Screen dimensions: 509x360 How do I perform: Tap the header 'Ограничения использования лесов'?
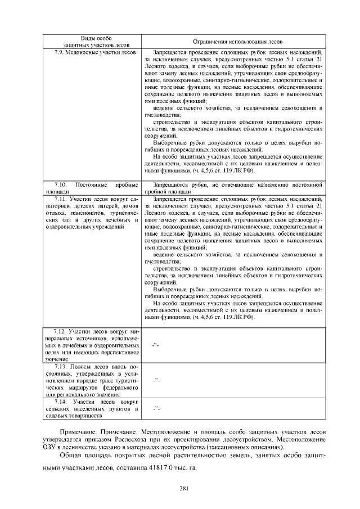tap(233, 42)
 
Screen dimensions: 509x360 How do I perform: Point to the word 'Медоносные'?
tap(80, 52)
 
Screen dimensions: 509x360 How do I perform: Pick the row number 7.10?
tap(60, 184)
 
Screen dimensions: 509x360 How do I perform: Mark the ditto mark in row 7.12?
tap(156, 344)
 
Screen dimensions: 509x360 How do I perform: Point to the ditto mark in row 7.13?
tap(156, 380)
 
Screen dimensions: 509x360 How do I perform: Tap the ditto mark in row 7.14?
tap(156, 409)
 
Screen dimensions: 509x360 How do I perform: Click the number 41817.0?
tap(164, 467)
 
